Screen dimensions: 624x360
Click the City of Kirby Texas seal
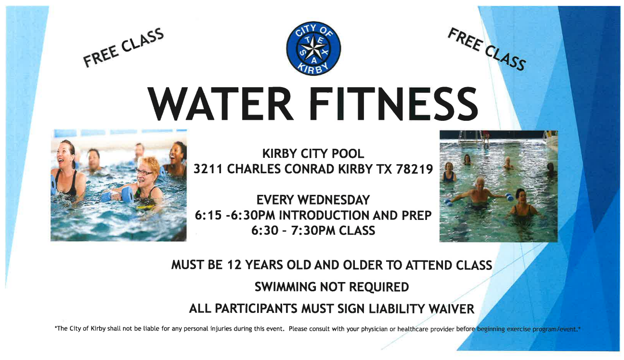(313, 49)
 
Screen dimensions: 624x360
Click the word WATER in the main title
(220, 103)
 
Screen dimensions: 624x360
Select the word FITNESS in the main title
(393, 103)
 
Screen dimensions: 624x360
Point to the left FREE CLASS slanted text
(123, 48)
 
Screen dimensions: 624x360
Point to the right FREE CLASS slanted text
(487, 49)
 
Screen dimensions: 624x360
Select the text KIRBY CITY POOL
(313, 154)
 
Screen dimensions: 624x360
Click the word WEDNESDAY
(334, 200)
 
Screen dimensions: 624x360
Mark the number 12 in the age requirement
(234, 265)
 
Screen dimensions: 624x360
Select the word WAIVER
(451, 309)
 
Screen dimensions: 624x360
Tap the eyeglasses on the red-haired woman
(144, 172)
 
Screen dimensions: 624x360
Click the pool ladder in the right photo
(471, 137)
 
